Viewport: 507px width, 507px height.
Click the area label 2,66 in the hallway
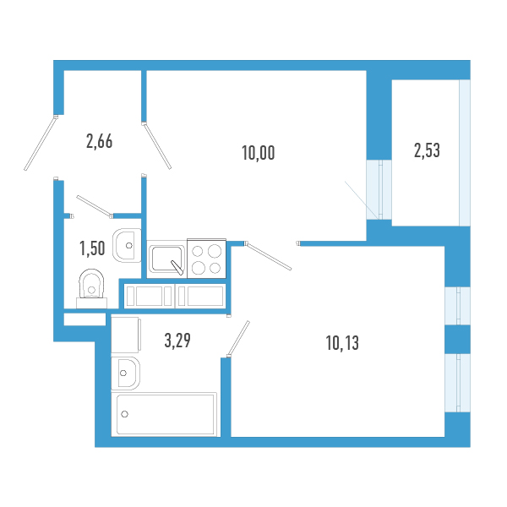point(100,141)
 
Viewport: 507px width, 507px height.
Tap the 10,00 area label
point(259,154)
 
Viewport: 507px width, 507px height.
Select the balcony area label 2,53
point(427,151)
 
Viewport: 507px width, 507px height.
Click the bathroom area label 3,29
point(177,341)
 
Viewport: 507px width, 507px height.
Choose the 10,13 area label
point(342,342)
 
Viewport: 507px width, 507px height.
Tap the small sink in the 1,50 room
point(128,245)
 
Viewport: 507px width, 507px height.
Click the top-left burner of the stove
point(199,250)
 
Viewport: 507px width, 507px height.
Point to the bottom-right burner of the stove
point(215,268)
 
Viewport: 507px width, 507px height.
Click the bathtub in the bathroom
point(166,414)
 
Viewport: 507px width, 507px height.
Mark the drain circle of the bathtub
point(125,414)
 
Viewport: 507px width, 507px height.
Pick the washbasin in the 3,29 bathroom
point(126,370)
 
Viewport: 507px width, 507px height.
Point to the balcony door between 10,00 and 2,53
point(379,190)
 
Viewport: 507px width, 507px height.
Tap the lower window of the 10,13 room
point(457,382)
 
